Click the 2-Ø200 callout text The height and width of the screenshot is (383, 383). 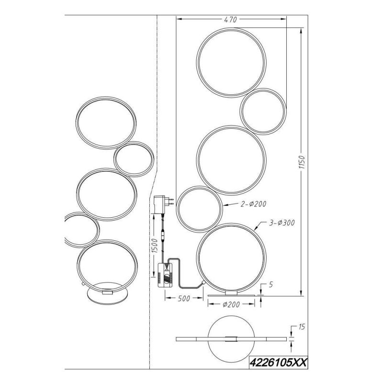tap(253, 204)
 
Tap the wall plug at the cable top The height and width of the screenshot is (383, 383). tap(160, 204)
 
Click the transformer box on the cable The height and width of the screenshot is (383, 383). tap(165, 275)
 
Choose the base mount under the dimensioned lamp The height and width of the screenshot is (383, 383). tap(231, 292)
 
